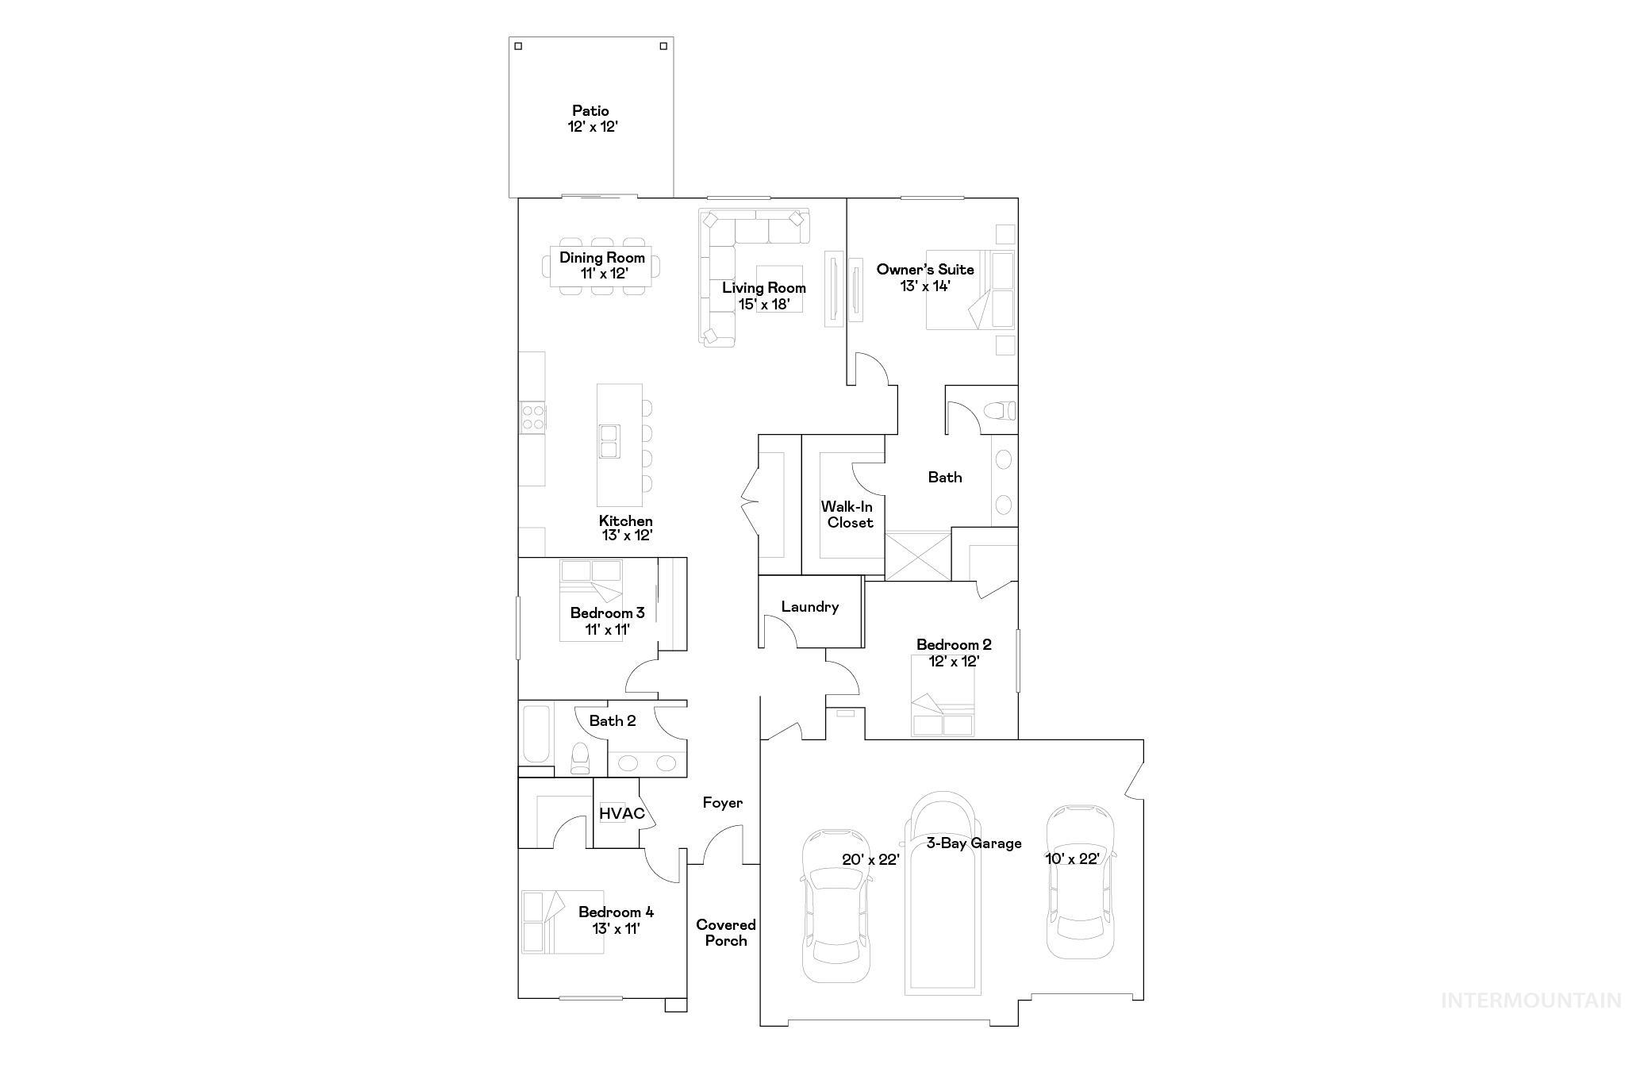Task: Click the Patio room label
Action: pyautogui.click(x=591, y=111)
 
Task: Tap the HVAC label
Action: pyautogui.click(x=621, y=813)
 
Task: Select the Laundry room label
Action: pyautogui.click(x=809, y=607)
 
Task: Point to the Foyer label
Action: pyautogui.click(x=722, y=803)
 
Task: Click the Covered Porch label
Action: pyautogui.click(x=725, y=933)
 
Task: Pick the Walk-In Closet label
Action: pyautogui.click(x=848, y=514)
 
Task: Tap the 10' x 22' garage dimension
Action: pyautogui.click(x=1071, y=858)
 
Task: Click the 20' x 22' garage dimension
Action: pyautogui.click(x=870, y=858)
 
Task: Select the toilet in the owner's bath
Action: pyautogui.click(x=999, y=411)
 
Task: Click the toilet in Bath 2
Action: pyautogui.click(x=581, y=758)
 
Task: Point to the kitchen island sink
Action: pyautogui.click(x=609, y=441)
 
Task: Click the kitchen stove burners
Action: pyautogui.click(x=532, y=417)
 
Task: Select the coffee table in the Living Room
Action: pyautogui.click(x=778, y=289)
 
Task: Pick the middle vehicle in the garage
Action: pyautogui.click(x=943, y=893)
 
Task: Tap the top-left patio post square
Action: pyautogui.click(x=518, y=46)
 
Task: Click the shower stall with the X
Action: pyautogui.click(x=917, y=555)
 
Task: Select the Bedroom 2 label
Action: pyautogui.click(x=954, y=645)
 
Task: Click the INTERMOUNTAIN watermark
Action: pyautogui.click(x=1531, y=1000)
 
